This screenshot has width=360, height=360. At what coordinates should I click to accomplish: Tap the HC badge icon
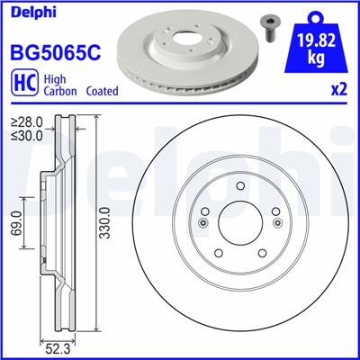[x=21, y=83]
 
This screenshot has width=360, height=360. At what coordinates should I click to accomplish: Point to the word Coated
[x=104, y=92]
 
